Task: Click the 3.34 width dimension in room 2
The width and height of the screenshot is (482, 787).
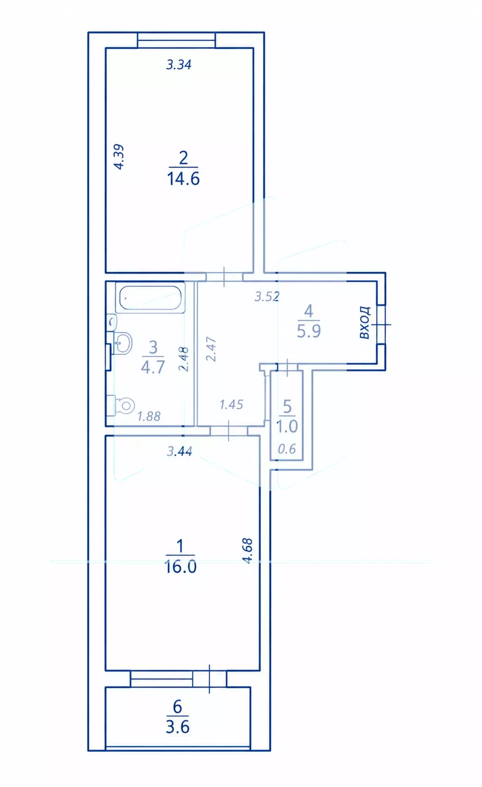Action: [179, 65]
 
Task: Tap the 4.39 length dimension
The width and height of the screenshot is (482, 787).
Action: [119, 157]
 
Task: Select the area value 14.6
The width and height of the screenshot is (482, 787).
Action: [184, 179]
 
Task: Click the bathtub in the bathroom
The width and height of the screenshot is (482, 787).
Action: [150, 298]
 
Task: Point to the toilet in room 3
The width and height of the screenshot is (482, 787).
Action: [121, 406]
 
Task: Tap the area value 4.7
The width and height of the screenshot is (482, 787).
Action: [153, 367]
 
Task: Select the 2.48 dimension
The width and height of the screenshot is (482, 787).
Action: [184, 359]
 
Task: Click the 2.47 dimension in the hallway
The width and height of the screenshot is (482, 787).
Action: [211, 349]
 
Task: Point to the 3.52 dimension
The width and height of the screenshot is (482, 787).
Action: [267, 297]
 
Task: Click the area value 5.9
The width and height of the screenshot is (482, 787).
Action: [309, 331]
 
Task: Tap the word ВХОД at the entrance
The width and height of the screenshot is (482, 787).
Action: [365, 323]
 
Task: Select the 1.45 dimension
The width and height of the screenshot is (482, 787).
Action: [231, 405]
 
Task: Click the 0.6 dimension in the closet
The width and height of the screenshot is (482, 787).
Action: [287, 449]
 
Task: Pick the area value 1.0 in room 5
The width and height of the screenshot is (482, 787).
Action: [287, 426]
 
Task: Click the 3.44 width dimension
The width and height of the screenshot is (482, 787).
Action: [179, 451]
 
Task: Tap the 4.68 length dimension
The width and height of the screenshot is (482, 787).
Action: [247, 551]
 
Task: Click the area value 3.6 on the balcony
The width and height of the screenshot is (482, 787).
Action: [178, 727]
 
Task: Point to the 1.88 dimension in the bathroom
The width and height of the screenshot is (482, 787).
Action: [149, 416]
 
